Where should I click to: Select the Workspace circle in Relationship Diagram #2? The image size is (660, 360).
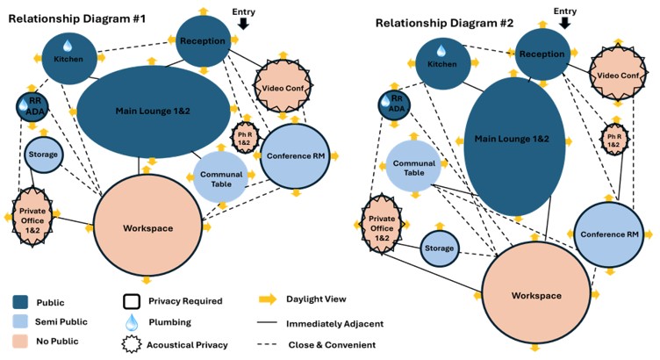click(536, 295)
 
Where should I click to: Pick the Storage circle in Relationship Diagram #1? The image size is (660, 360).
click(43, 155)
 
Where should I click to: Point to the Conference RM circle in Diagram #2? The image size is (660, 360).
click(614, 234)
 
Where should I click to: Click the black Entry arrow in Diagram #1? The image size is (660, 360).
click(243, 24)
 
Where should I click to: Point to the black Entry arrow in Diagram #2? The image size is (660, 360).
click(565, 24)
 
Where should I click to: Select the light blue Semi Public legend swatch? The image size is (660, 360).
click(26, 322)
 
